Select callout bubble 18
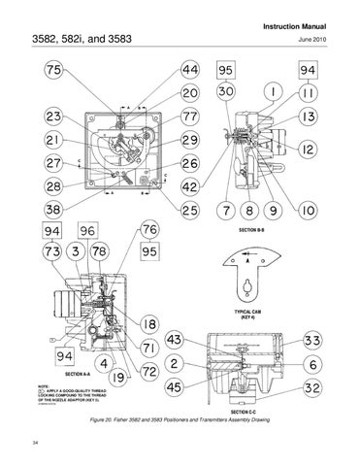tap(151, 324)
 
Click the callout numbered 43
tap(175, 341)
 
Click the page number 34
tap(35, 444)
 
